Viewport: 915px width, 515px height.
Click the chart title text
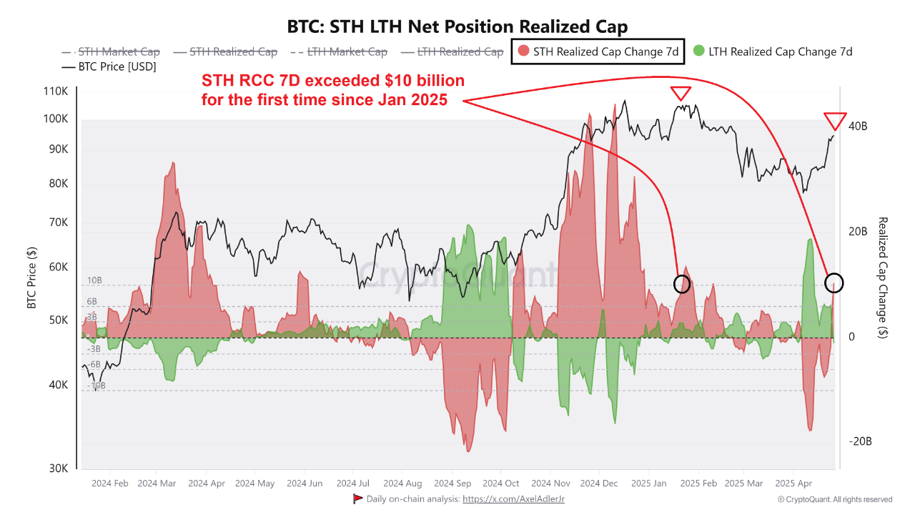(457, 27)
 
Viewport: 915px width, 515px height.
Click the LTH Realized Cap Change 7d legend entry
(773, 51)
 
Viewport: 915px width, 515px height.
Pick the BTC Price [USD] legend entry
(108, 67)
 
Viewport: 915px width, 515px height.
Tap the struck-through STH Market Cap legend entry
(111, 51)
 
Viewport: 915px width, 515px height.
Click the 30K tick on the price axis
(58, 469)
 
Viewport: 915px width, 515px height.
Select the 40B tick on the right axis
(858, 126)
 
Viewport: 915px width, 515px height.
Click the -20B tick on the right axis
(859, 441)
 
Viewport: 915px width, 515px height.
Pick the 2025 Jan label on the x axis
(649, 484)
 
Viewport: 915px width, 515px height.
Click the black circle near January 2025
(683, 283)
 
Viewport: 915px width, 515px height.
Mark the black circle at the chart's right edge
(834, 283)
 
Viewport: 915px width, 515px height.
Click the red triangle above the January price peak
(681, 93)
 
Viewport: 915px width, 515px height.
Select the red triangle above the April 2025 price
(835, 120)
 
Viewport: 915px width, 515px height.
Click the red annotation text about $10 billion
(333, 90)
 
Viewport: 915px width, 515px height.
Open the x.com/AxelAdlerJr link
(513, 499)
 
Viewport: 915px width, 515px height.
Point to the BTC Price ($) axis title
(31, 277)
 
